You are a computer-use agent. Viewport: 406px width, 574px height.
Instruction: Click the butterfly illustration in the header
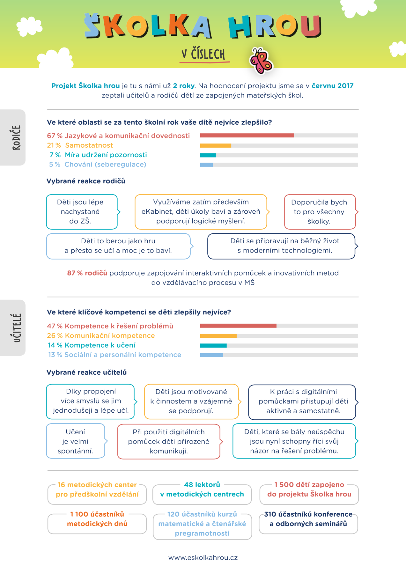point(261,61)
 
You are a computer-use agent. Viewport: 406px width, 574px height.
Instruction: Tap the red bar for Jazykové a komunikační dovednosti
point(247,136)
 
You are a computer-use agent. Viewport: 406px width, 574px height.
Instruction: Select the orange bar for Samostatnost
point(216,145)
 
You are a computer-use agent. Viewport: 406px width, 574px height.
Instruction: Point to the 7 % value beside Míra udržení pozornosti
point(55,155)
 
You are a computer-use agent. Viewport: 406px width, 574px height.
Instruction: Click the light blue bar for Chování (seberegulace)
point(206,165)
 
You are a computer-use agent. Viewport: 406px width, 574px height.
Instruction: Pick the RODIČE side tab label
point(17,137)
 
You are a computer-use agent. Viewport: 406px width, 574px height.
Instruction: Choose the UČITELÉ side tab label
point(17,328)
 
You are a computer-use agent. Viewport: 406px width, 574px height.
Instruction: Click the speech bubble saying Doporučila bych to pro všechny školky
point(320,212)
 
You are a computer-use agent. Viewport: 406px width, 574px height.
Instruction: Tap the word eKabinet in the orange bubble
point(155,212)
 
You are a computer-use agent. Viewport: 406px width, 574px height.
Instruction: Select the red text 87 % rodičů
point(87,273)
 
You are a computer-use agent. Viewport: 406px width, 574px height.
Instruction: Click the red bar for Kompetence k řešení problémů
point(238,326)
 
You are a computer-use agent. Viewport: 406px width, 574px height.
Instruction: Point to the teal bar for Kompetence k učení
point(213,346)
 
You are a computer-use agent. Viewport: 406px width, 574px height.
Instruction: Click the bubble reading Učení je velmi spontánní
point(76,441)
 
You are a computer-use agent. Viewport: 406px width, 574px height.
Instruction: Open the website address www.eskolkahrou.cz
point(203,558)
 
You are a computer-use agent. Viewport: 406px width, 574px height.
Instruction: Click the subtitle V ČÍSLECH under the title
point(203,55)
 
